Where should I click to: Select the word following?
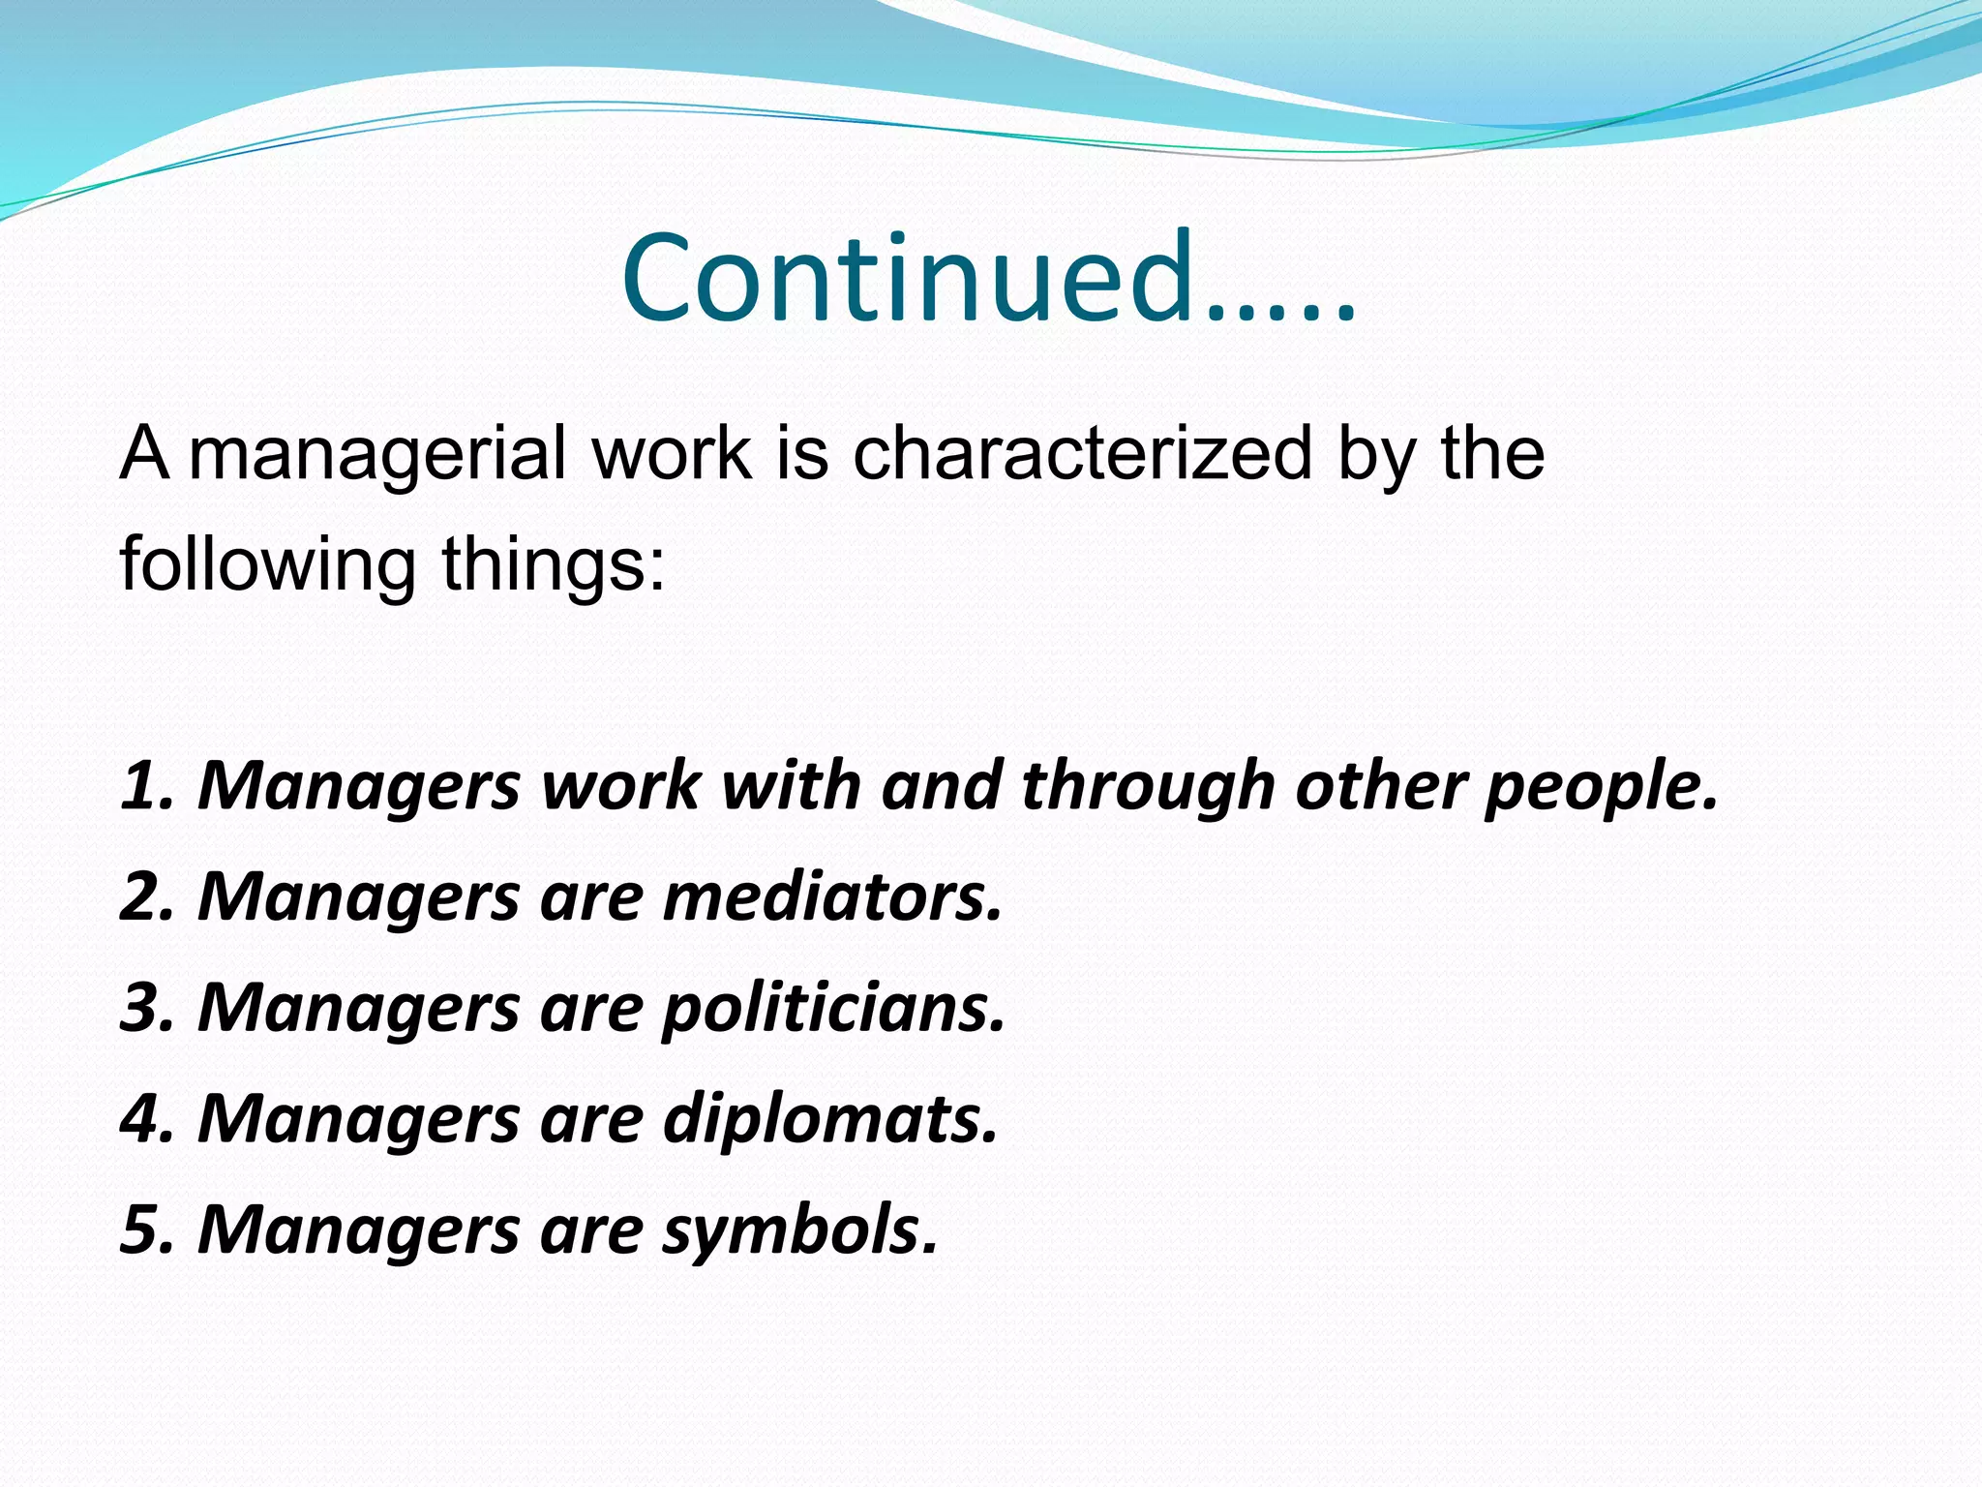point(267,565)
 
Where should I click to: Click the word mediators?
point(832,896)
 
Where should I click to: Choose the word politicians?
point(833,1008)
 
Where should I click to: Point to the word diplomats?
point(829,1119)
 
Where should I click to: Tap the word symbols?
point(799,1230)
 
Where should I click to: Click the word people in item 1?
point(1601,785)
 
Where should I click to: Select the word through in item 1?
point(1148,785)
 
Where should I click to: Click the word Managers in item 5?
point(358,1230)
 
